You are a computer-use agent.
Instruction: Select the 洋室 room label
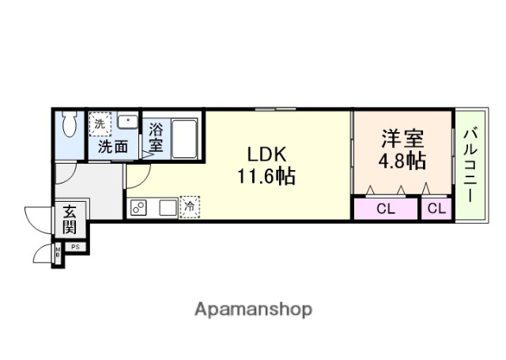click(x=402, y=139)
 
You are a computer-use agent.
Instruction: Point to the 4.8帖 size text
click(x=402, y=161)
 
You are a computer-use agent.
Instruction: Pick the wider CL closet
click(x=385, y=210)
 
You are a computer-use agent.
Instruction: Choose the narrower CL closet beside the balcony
click(x=436, y=210)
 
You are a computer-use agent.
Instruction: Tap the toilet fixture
click(x=69, y=124)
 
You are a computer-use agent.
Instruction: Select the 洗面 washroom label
click(x=112, y=146)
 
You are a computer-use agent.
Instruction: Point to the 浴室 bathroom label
click(x=156, y=138)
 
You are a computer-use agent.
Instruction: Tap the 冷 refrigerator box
click(x=190, y=207)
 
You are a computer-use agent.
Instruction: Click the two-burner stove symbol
click(x=139, y=208)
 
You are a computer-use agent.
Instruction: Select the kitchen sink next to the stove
click(x=167, y=208)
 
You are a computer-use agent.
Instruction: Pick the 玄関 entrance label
click(x=70, y=218)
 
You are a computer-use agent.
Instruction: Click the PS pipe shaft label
click(x=76, y=247)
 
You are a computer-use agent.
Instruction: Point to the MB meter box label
click(x=57, y=255)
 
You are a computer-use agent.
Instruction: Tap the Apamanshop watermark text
click(x=253, y=309)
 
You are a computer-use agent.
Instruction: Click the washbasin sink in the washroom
click(x=127, y=123)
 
